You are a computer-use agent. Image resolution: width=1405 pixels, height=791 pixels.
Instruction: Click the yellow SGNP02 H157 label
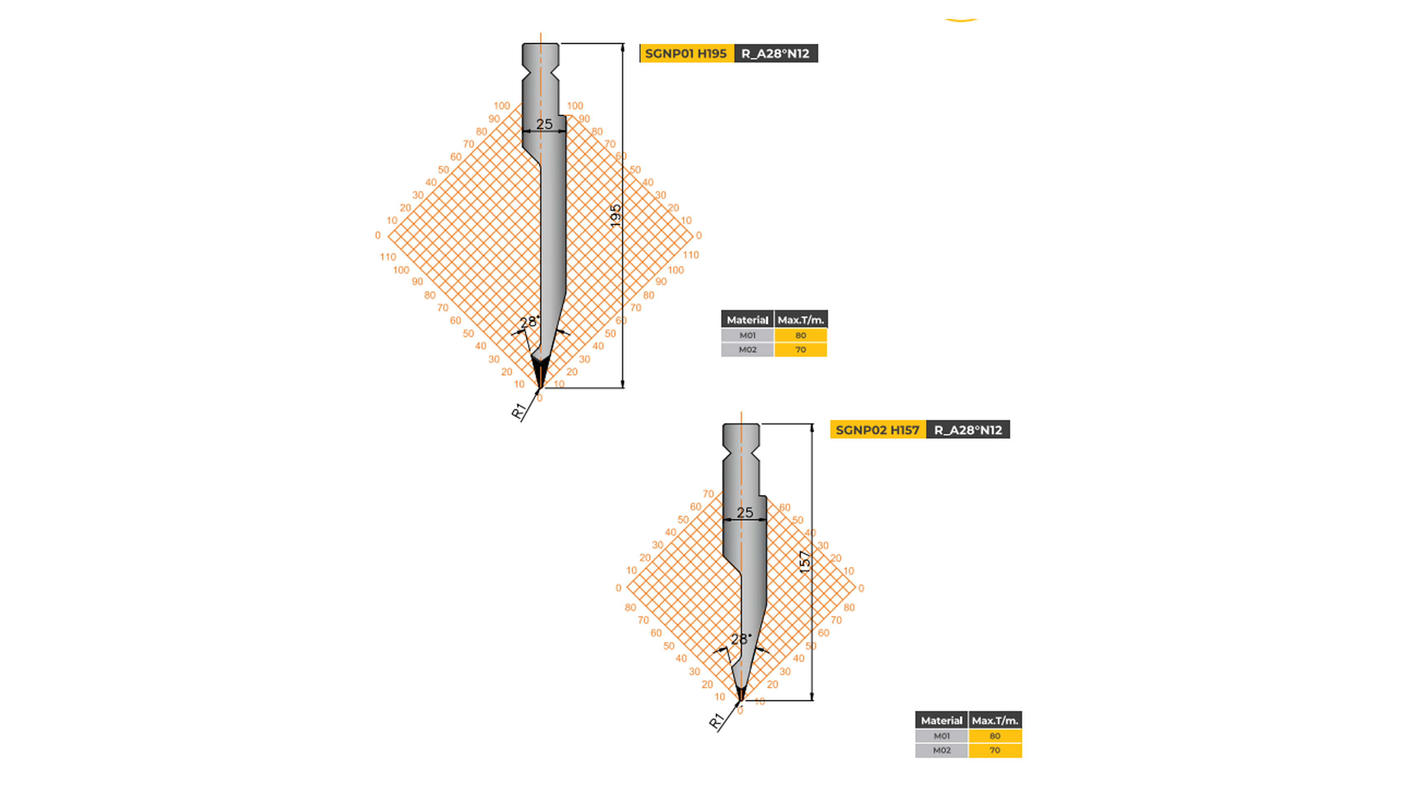pyautogui.click(x=877, y=430)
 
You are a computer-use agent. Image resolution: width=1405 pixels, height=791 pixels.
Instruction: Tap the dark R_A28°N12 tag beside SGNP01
pyautogui.click(x=775, y=54)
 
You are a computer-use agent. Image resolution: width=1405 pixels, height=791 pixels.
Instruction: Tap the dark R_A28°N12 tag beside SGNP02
pyautogui.click(x=968, y=430)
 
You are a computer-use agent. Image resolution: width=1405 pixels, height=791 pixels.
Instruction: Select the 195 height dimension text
pyautogui.click(x=615, y=216)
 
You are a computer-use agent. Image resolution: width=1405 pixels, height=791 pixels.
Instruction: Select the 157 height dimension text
pyautogui.click(x=805, y=562)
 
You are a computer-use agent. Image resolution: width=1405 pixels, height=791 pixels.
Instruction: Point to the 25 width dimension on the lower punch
pyautogui.click(x=744, y=513)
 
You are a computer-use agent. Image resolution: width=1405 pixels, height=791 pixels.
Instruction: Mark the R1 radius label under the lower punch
pyautogui.click(x=715, y=721)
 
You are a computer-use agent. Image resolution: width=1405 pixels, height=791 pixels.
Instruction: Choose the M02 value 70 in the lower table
pyautogui.click(x=995, y=751)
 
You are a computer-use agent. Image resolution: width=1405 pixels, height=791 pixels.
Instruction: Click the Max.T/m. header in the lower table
pyautogui.click(x=995, y=721)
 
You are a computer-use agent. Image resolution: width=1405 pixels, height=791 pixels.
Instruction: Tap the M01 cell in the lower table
pyautogui.click(x=941, y=736)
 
